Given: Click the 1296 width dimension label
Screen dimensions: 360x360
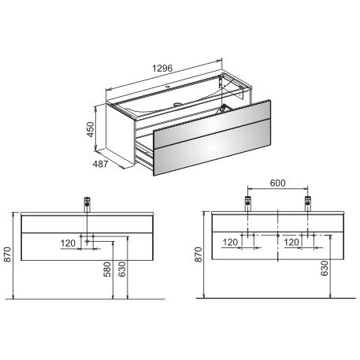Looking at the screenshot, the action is (162, 69).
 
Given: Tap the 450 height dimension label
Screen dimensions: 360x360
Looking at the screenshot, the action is (91, 129).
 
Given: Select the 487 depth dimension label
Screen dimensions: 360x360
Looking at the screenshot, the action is (100, 164).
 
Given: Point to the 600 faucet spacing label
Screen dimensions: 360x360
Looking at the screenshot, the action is (277, 183).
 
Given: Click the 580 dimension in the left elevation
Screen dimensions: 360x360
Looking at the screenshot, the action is (107, 269).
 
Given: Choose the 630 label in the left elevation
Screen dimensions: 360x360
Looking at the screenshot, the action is (122, 269).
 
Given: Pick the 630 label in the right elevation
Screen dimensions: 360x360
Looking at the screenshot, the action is (325, 268).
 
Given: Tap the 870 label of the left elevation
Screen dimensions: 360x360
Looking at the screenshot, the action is (7, 254).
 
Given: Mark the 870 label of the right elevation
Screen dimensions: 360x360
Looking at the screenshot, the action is (199, 254).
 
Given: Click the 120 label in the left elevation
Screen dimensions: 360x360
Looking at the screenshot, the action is (68, 243).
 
